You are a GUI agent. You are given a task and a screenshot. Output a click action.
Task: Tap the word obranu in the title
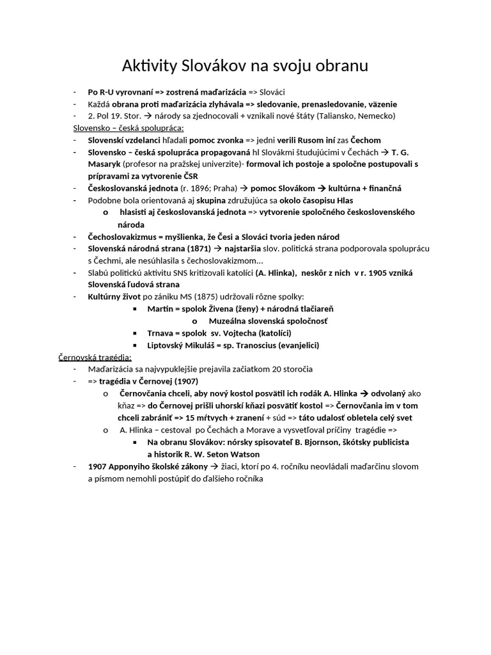tap(339, 67)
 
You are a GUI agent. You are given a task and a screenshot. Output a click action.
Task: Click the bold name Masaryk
tap(105, 164)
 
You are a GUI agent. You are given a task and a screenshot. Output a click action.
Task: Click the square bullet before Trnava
tap(136, 333)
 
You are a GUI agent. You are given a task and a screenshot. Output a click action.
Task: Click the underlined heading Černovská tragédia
tap(95, 357)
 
